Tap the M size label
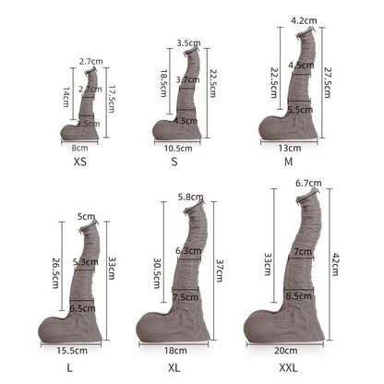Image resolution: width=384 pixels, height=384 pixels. pyautogui.click(x=289, y=161)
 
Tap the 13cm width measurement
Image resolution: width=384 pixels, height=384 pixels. pyautogui.click(x=288, y=147)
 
